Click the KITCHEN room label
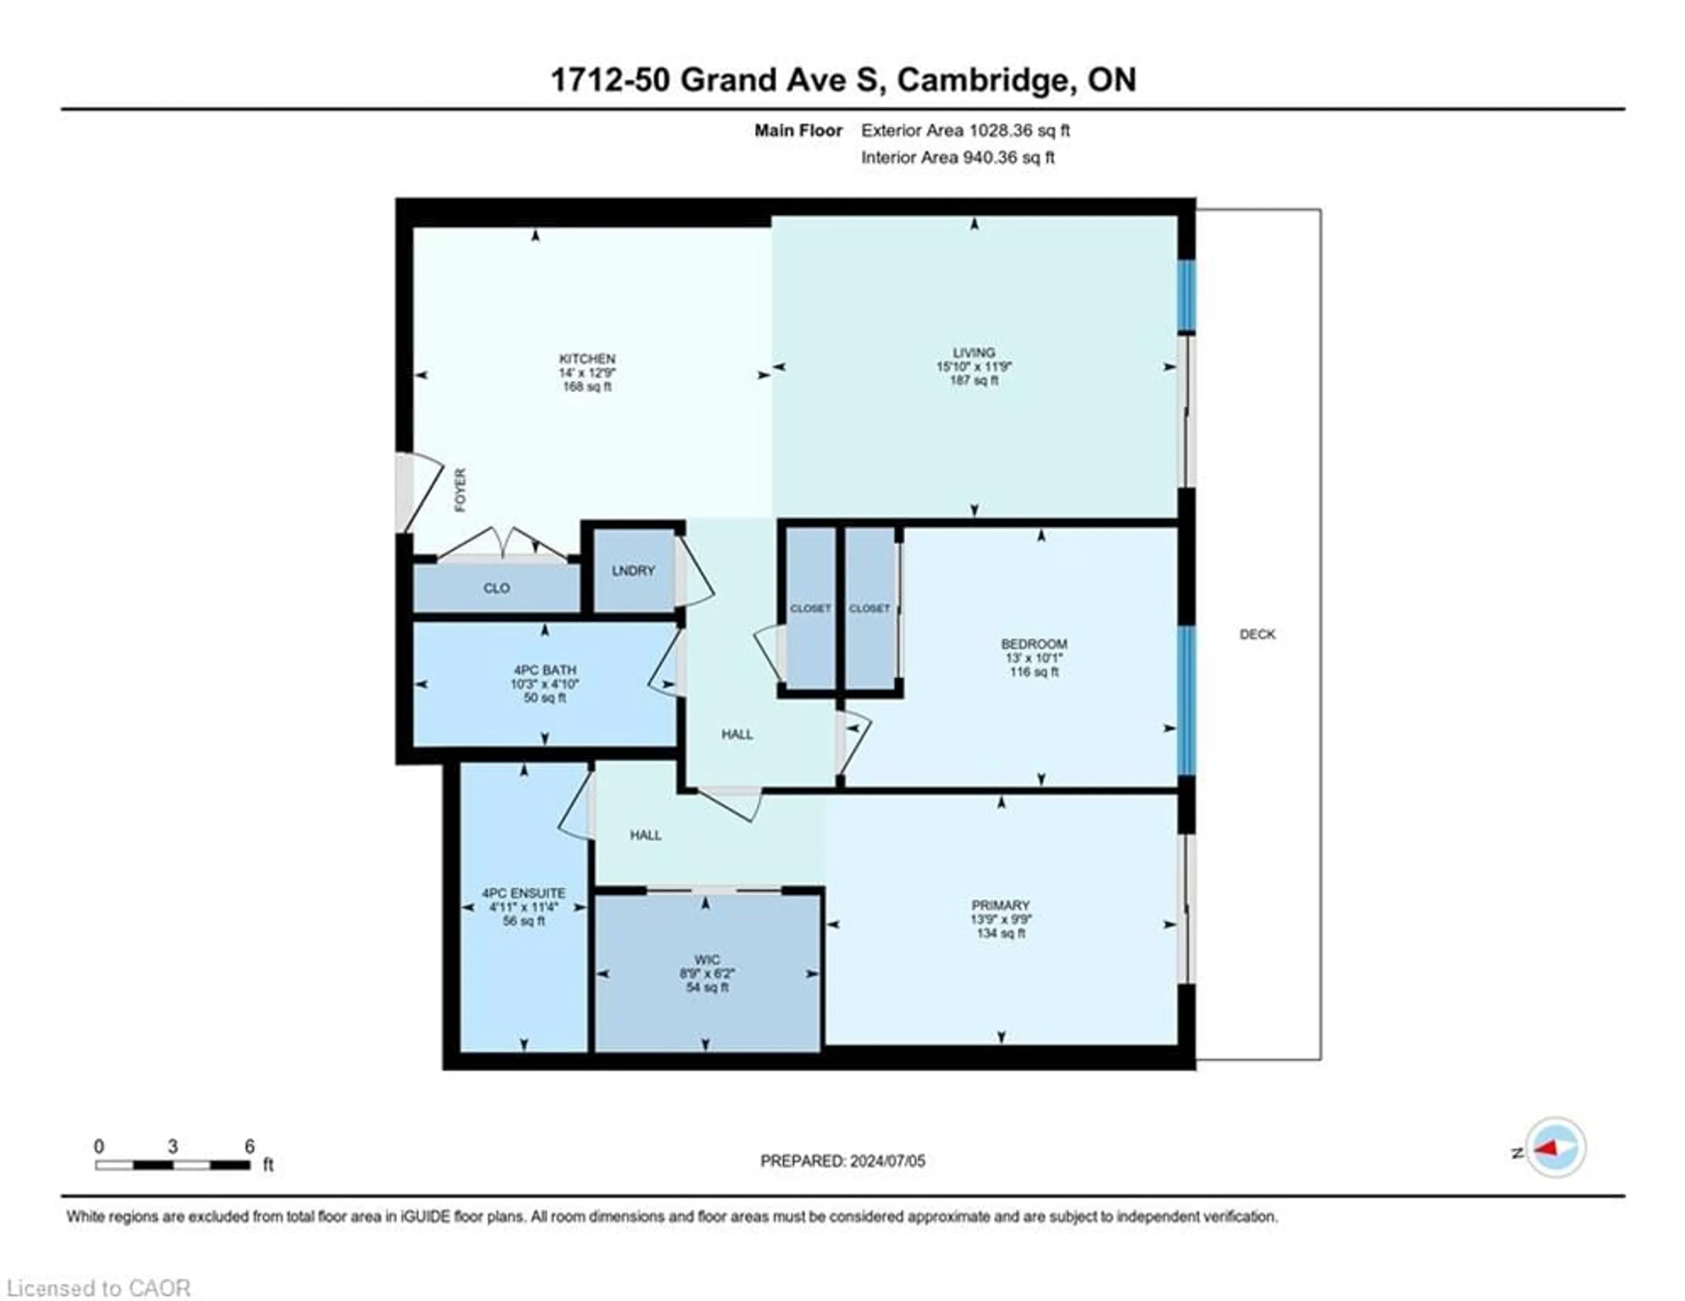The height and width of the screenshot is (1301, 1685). pos(587,359)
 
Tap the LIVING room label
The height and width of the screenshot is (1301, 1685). pos(974,352)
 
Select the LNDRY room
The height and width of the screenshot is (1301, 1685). pos(634,570)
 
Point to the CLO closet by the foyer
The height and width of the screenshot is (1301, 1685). pos(496,588)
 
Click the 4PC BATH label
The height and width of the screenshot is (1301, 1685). pos(545,670)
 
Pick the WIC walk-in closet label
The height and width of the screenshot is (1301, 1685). pos(707,960)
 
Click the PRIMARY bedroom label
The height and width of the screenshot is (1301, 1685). pos(1000,905)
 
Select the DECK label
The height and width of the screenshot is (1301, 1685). pos(1258,634)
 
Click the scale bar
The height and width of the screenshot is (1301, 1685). pos(173,1165)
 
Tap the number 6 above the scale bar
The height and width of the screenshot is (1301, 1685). pos(249,1146)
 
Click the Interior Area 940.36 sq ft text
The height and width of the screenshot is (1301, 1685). pos(957,158)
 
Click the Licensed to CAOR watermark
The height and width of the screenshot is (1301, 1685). pos(98,1288)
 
